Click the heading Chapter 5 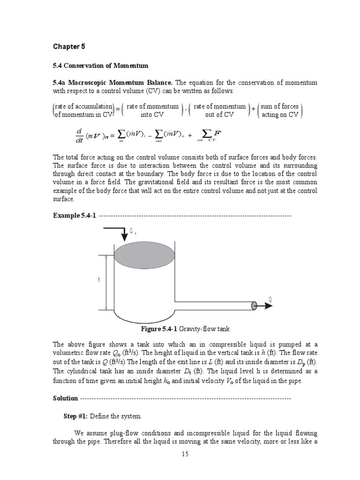[69, 46]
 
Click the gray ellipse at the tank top [144, 256]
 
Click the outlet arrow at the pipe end [264, 306]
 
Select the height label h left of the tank [99, 280]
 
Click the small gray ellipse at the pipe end [254, 306]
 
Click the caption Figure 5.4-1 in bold [160, 329]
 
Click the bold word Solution [65, 398]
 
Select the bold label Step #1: [75, 416]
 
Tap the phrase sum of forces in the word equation [280, 106]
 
